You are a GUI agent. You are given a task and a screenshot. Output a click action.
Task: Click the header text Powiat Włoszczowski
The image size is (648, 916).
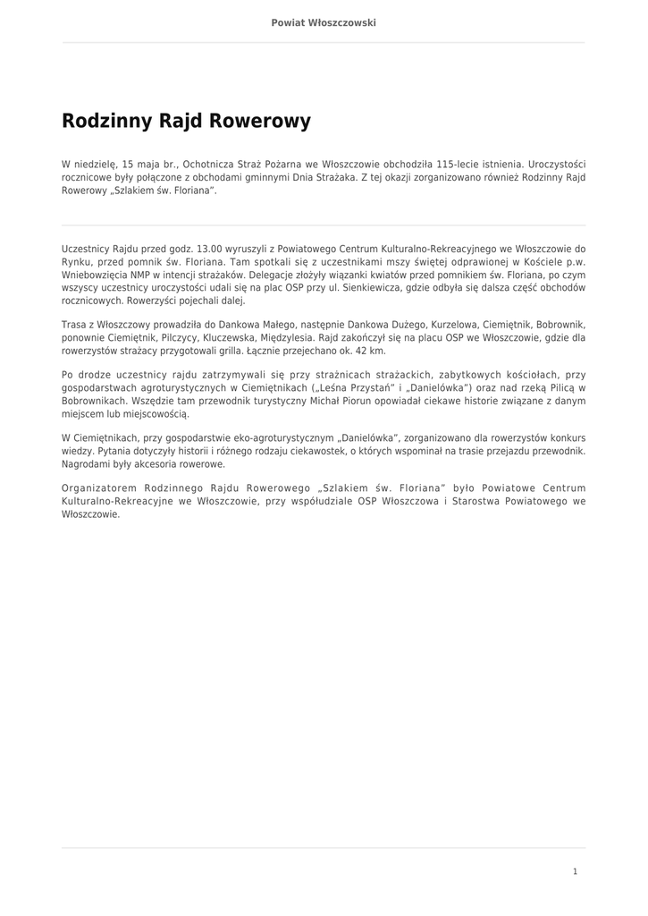tap(324, 22)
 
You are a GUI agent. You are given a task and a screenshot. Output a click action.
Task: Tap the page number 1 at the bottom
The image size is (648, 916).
tap(576, 870)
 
